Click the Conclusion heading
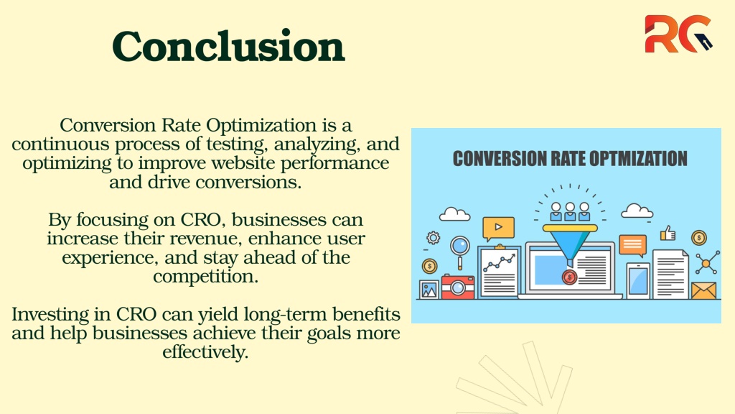(228, 46)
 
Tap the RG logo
(678, 34)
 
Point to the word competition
(206, 277)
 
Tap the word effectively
(205, 352)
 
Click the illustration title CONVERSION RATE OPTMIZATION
(570, 159)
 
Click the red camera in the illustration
(457, 287)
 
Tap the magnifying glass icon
(460, 251)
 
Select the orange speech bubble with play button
(498, 228)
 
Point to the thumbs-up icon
(668, 233)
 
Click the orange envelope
(704, 290)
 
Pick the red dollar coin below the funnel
(569, 277)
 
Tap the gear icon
(433, 237)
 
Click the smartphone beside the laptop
(638, 281)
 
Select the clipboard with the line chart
(500, 271)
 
